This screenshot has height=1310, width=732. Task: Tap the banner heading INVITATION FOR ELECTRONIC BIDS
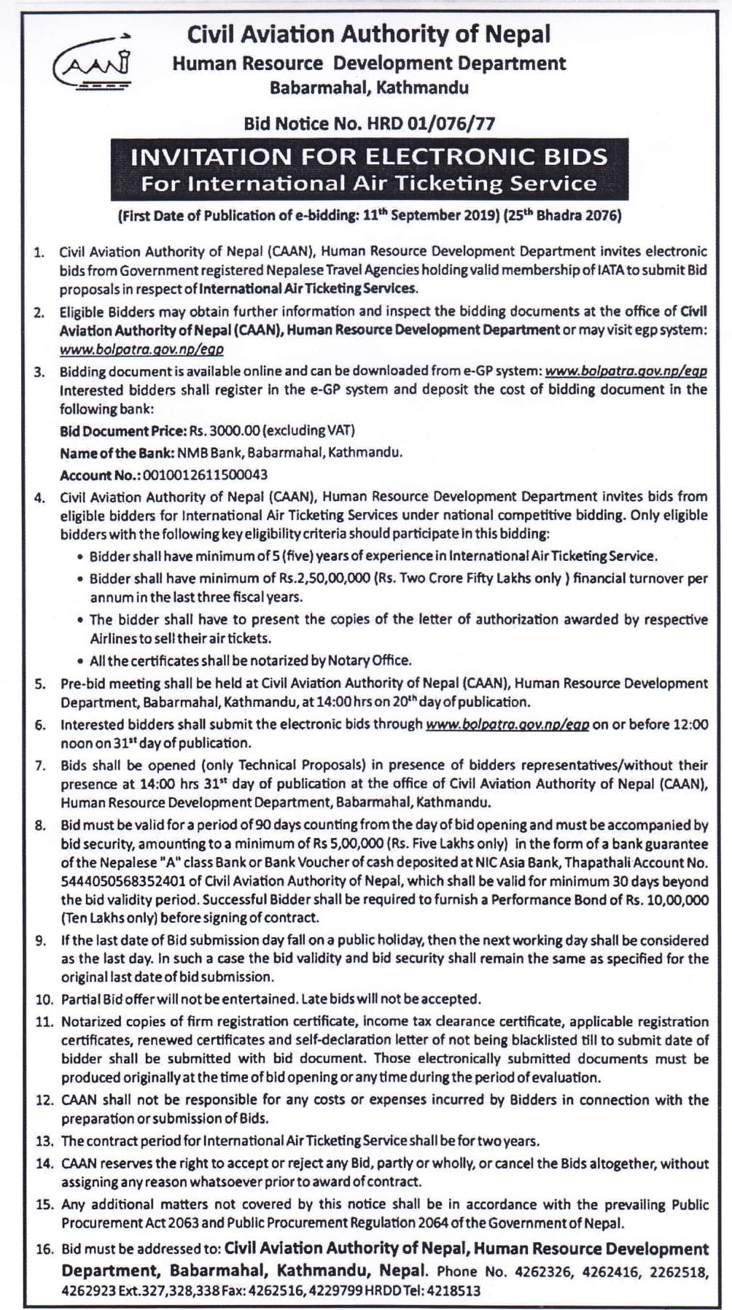(x=368, y=157)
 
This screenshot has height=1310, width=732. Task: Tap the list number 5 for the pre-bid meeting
(x=42, y=684)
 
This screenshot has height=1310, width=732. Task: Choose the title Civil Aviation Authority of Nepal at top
(x=369, y=34)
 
